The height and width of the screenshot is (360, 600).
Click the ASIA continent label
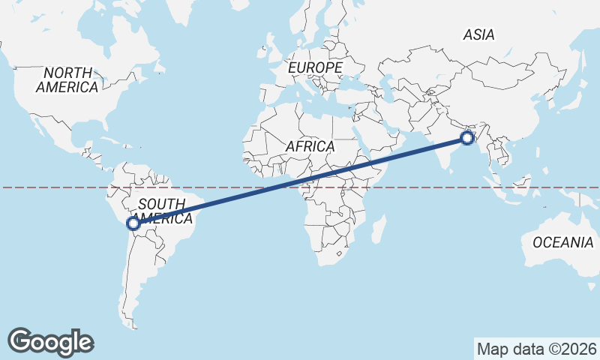478,34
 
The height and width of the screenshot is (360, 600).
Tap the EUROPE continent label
315,67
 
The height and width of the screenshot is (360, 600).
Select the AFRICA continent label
309,146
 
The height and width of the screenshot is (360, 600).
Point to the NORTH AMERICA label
67,79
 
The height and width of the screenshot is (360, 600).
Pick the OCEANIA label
562,242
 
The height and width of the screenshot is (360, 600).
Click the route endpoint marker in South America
133,223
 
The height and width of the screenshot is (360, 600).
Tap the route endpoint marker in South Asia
467,137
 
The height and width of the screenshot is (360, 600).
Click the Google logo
50,341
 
